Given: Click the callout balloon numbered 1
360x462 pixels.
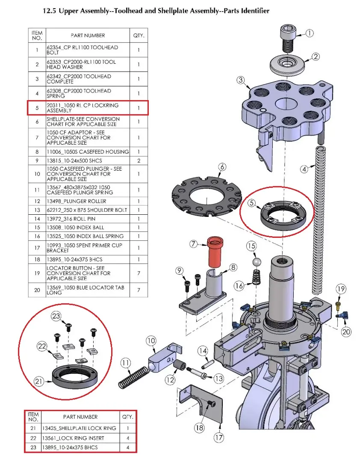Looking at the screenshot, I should pyautogui.click(x=310, y=33).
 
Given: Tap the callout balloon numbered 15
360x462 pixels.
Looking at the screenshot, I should pyautogui.click(x=251, y=246).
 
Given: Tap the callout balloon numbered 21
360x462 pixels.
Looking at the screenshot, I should pyautogui.click(x=39, y=381).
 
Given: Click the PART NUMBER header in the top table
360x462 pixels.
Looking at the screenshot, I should pyautogui.click(x=88, y=35).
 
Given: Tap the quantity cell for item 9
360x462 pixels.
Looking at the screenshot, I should pyautogui.click(x=139, y=160).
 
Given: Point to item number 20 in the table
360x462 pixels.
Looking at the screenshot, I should pyautogui.click(x=37, y=290).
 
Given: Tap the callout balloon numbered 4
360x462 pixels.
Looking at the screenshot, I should pyautogui.click(x=304, y=169).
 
